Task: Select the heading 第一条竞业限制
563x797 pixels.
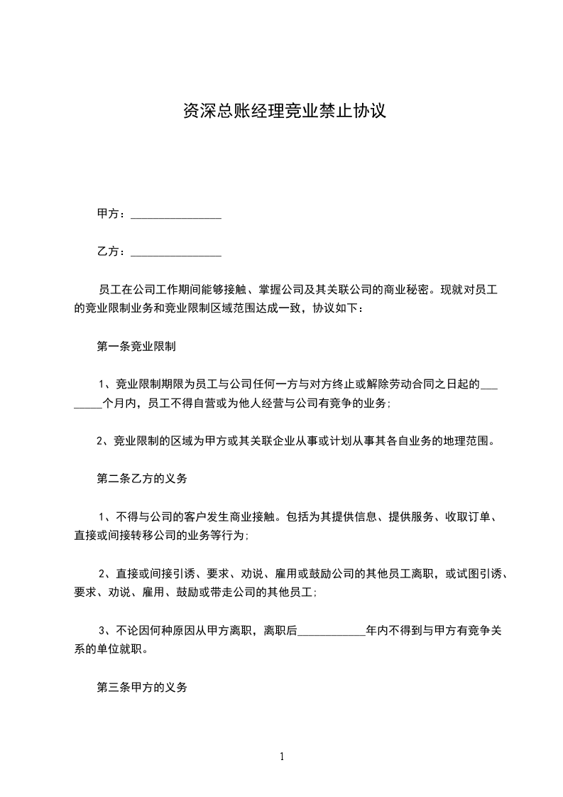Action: click(136, 347)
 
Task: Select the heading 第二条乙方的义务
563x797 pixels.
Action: click(142, 479)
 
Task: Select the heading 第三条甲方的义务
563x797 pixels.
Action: click(142, 688)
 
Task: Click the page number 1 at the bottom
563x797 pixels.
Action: click(282, 757)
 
